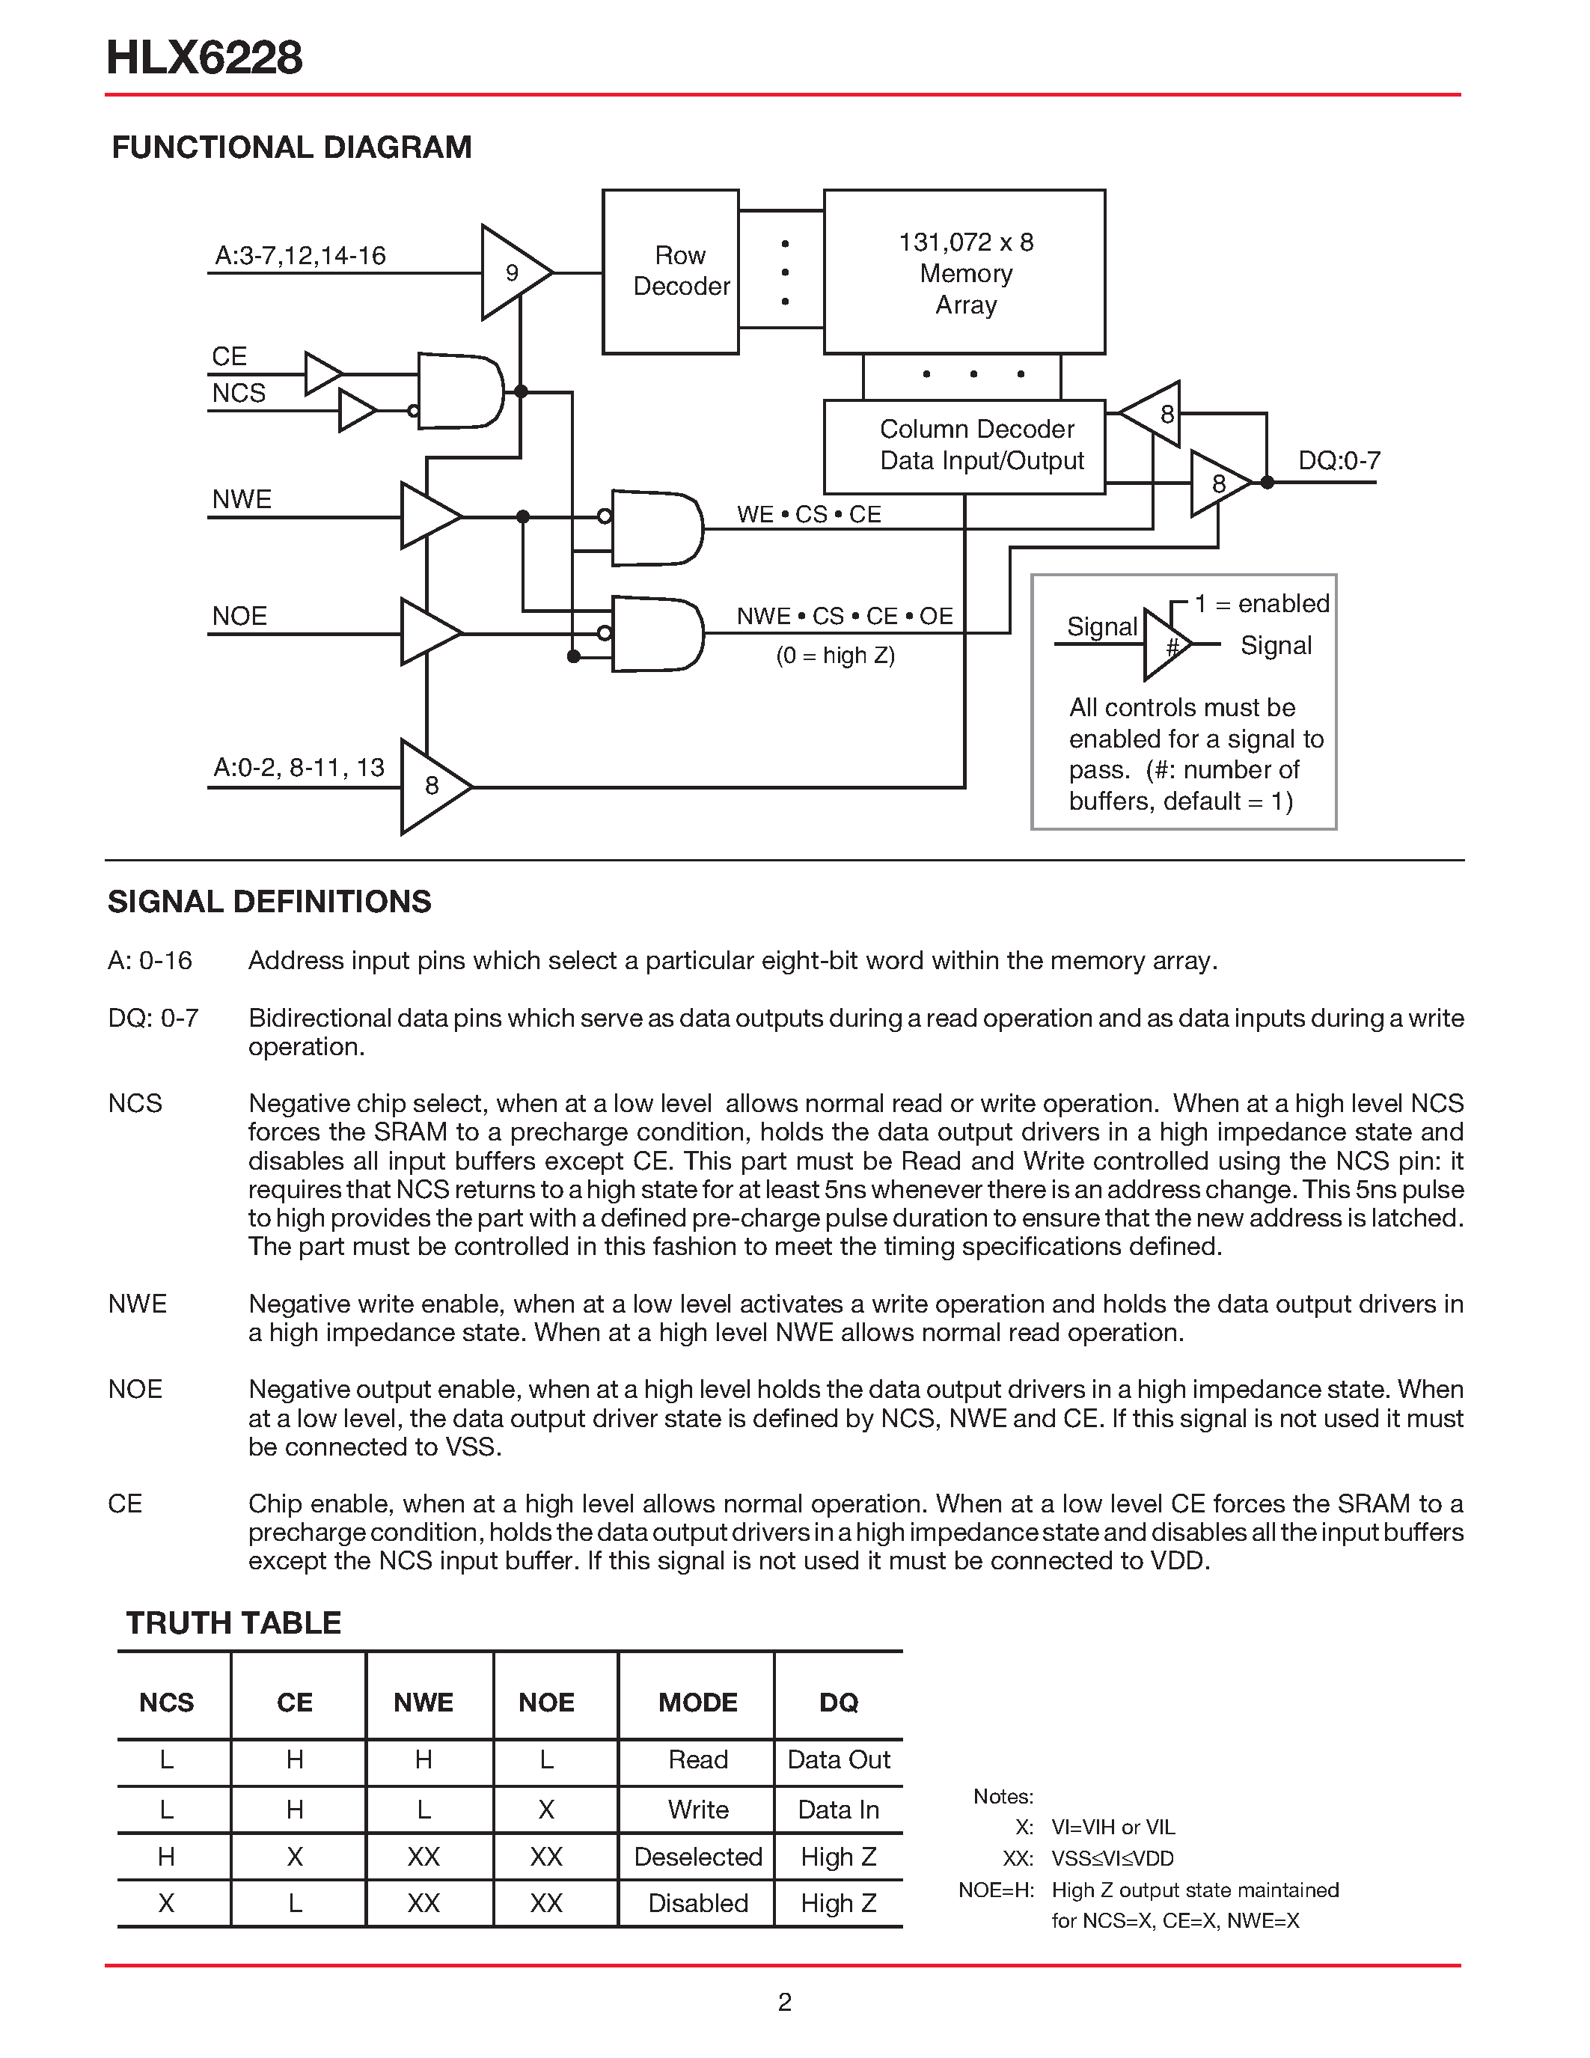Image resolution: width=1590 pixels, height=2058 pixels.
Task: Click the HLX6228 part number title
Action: (x=204, y=58)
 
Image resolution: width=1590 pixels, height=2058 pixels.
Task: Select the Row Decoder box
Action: (x=670, y=272)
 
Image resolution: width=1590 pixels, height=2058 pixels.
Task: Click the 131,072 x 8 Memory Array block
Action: (x=964, y=272)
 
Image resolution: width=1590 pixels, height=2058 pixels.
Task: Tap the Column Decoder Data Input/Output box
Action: (x=964, y=446)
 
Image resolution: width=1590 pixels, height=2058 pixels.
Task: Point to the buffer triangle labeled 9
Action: (x=512, y=272)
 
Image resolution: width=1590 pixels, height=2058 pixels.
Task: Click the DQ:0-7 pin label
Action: (x=1339, y=461)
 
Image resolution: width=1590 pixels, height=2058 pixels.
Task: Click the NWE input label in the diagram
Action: (x=242, y=499)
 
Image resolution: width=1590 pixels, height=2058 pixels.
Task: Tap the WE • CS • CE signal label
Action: (x=808, y=515)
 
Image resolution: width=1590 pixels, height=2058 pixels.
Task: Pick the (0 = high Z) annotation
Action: (x=834, y=655)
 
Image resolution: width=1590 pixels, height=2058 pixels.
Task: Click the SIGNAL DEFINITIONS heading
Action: (x=269, y=902)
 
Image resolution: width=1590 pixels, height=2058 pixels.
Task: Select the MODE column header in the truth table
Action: (x=697, y=1702)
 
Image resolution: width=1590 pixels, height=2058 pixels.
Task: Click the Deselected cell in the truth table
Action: (x=697, y=1857)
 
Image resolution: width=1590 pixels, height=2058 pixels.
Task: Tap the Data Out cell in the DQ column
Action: (x=838, y=1760)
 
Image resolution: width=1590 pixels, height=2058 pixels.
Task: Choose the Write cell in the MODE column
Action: (x=697, y=1810)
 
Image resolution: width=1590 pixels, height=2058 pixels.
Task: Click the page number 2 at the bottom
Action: (x=785, y=2003)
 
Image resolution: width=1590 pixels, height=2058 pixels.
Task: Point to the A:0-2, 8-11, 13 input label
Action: (x=299, y=768)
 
